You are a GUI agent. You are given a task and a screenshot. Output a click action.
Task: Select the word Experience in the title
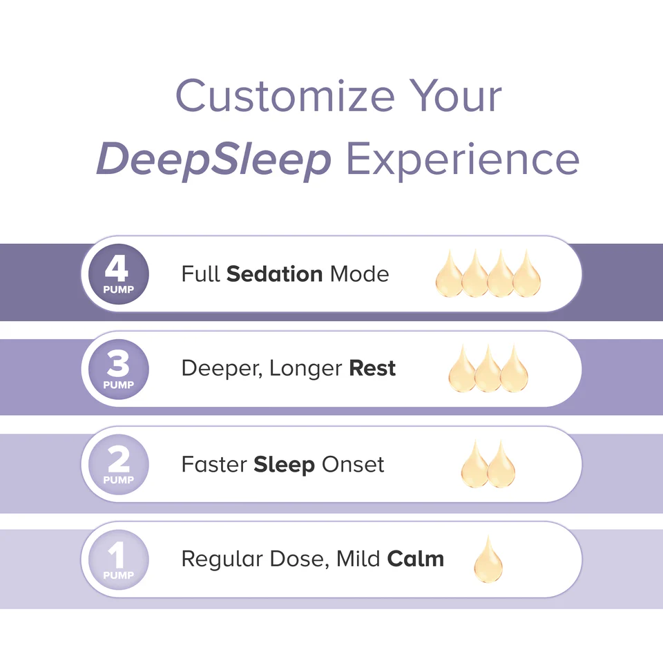pos(462,159)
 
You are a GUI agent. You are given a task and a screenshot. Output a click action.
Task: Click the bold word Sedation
pos(274,274)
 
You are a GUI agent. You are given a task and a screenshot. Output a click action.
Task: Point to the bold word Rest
pos(372,369)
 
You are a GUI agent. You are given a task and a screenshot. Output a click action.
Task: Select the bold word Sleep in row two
pos(284,465)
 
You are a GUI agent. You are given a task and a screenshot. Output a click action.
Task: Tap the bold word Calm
pos(416,559)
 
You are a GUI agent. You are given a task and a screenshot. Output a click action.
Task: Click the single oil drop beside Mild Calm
pos(488,561)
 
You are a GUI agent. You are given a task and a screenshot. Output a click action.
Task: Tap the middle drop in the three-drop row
pos(488,371)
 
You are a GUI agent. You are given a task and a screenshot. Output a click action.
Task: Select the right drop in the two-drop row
pos(501,466)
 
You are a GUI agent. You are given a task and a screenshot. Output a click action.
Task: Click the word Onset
pos(352,465)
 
